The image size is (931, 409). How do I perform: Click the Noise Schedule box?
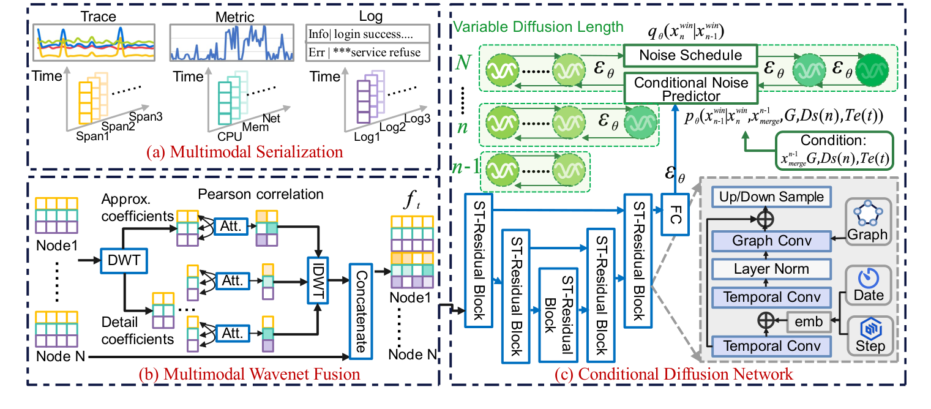(x=690, y=56)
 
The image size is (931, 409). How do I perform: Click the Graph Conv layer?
(x=771, y=241)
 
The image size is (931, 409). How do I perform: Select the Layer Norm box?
(x=771, y=269)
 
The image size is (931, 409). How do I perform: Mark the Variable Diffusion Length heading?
(x=539, y=26)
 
